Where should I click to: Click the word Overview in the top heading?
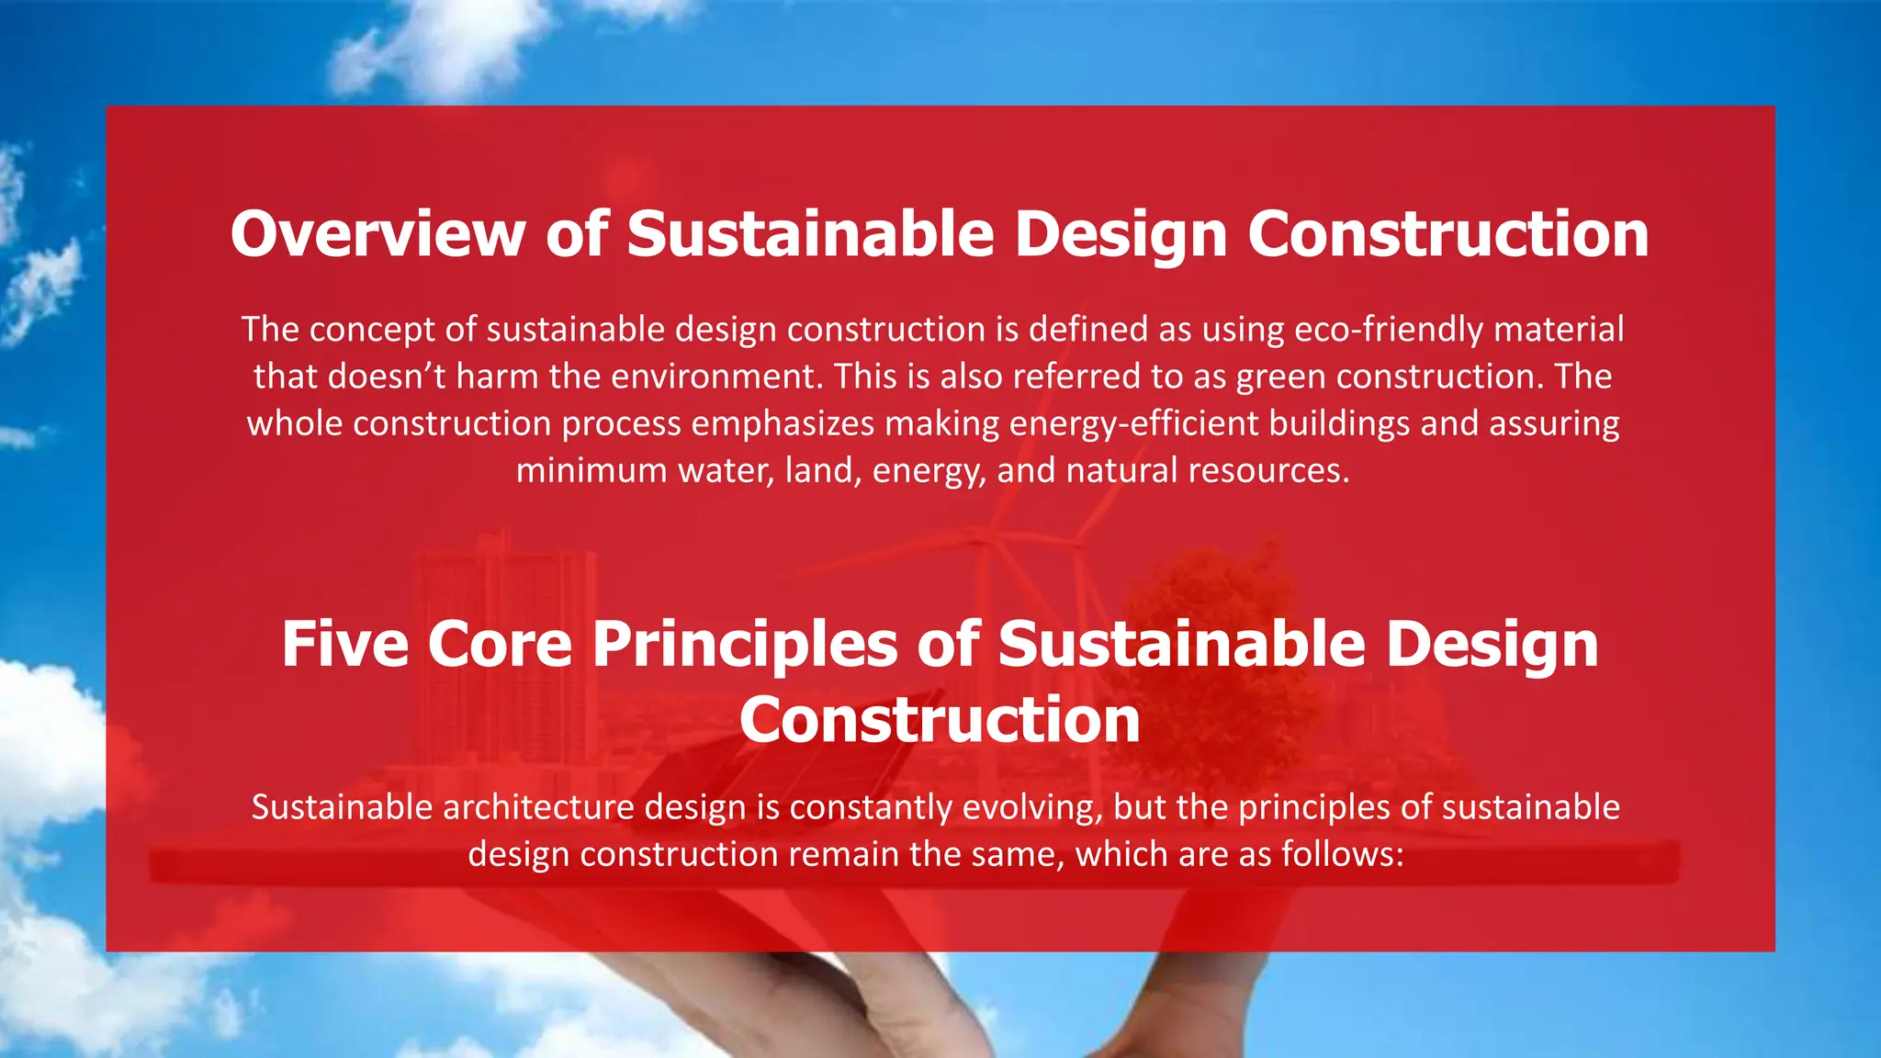377,234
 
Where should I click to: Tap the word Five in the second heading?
344,644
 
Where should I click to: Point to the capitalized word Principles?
745,644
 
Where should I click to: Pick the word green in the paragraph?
1280,377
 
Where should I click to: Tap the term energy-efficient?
1133,423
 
